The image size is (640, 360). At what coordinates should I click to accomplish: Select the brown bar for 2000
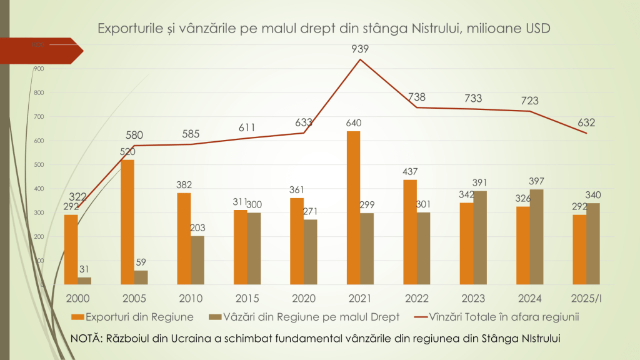(x=84, y=281)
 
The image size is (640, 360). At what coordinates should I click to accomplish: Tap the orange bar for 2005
(x=127, y=222)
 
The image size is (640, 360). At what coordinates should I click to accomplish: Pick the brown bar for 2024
(x=537, y=237)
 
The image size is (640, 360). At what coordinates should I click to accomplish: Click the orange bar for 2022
(x=409, y=232)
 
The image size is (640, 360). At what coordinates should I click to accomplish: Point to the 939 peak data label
(x=360, y=49)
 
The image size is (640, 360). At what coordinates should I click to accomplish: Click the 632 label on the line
(x=586, y=122)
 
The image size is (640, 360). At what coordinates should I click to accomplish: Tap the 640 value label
(x=353, y=122)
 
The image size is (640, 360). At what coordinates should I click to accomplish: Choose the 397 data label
(x=537, y=181)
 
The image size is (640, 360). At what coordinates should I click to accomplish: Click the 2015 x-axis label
(x=247, y=298)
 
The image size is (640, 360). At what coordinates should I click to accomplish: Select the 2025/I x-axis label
(x=586, y=298)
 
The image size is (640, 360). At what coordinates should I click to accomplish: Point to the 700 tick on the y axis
(x=39, y=117)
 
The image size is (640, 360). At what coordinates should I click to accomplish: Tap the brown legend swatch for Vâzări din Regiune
(x=219, y=317)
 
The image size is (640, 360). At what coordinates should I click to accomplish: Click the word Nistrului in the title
(x=440, y=29)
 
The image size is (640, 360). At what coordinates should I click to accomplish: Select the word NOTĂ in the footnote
(x=87, y=338)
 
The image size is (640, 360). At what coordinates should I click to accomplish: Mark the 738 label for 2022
(x=417, y=97)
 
